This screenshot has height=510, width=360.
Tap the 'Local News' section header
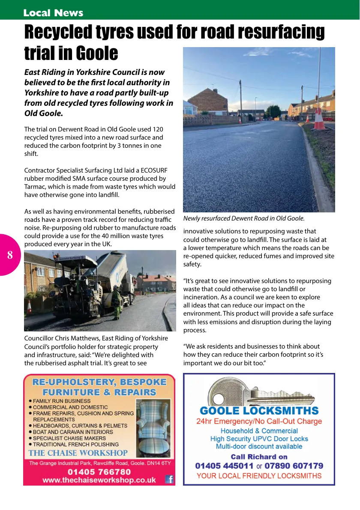[x=53, y=13]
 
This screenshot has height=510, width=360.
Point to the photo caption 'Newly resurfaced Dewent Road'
[x=243, y=218]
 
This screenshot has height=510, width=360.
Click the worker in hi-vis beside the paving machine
[x=116, y=303]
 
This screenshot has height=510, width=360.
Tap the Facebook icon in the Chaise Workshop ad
[x=169, y=479]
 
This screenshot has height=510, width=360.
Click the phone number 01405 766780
[x=99, y=471]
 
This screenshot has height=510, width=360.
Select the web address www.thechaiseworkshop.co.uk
[x=99, y=480]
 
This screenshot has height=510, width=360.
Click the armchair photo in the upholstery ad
[x=153, y=428]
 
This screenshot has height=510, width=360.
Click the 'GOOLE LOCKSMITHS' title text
[x=259, y=411]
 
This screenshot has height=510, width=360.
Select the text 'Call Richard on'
[x=259, y=456]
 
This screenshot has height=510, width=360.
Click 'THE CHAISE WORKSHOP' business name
[x=78, y=453]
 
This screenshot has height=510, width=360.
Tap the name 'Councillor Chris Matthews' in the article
[x=61, y=339]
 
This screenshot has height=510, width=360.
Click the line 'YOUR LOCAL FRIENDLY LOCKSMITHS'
[x=259, y=476]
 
